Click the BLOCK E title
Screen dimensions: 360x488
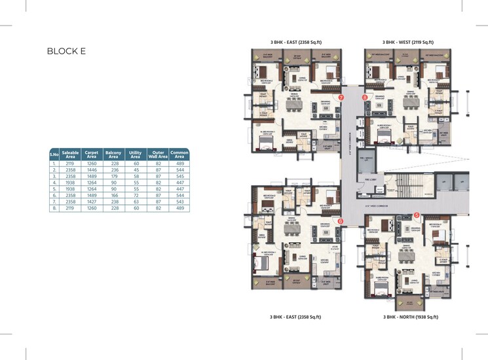point(67,51)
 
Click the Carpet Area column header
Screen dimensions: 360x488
point(92,154)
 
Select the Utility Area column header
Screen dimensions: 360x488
point(135,154)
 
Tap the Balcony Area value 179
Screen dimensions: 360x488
point(113,177)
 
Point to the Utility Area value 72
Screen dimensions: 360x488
point(135,195)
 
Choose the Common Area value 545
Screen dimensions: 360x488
point(179,177)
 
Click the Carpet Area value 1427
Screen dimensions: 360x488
point(92,202)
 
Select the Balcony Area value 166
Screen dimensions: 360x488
point(113,195)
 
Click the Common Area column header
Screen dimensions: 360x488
point(179,154)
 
